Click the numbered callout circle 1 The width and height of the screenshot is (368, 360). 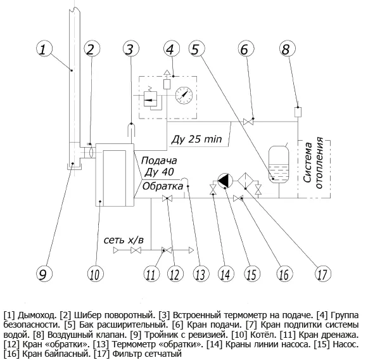click(44, 49)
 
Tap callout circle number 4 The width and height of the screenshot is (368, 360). click(172, 49)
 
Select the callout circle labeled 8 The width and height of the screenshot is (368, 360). click(288, 49)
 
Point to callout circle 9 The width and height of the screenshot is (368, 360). click(44, 274)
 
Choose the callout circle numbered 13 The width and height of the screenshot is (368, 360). click(201, 274)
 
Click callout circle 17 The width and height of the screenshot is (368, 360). click(323, 274)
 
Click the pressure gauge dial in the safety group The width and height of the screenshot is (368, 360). click(184, 95)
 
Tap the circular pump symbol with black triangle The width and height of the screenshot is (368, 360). click(225, 181)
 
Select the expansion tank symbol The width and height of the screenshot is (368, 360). click(279, 164)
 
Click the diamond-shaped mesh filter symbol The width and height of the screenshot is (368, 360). click(246, 181)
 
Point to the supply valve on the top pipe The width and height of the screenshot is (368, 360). click(248, 122)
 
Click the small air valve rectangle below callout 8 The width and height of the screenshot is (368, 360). click(298, 112)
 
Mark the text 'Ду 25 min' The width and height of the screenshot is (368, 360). click(197, 139)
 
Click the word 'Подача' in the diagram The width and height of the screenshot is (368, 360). click(159, 161)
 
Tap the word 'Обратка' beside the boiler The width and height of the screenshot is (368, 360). click(163, 186)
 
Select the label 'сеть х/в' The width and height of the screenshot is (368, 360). click(124, 240)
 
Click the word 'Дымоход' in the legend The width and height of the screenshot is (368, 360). click(37, 316)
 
